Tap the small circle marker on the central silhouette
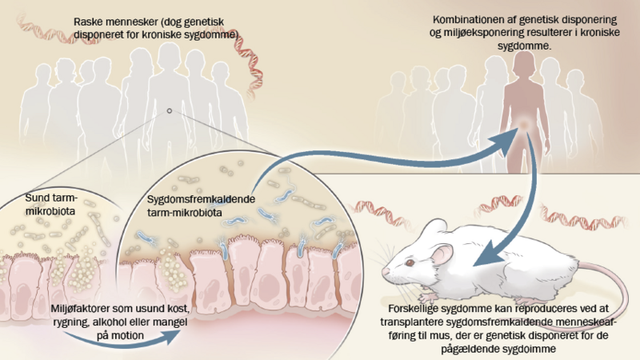[x=169, y=111]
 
